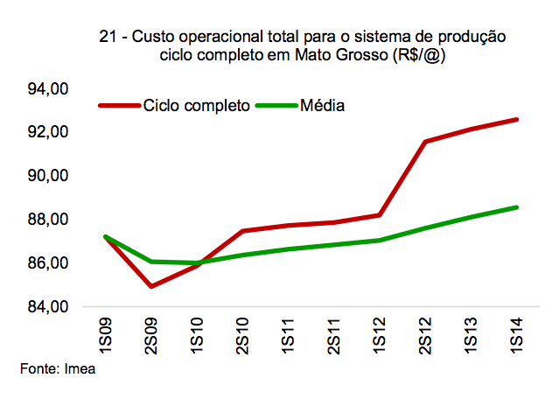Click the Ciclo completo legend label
tap(197, 107)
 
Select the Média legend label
tap(322, 107)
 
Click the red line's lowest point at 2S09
tap(151, 286)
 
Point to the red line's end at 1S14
tap(516, 119)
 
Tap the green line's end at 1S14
tap(516, 207)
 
